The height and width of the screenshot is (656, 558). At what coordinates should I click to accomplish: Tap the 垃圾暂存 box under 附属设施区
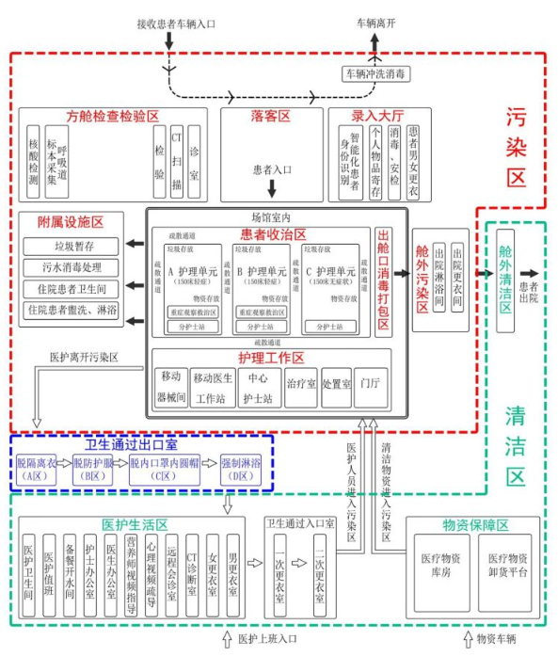[72, 246]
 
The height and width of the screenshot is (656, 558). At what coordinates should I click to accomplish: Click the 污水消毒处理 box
[72, 266]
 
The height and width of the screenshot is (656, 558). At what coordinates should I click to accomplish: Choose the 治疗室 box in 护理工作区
[300, 385]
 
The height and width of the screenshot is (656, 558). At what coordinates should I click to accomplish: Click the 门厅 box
[370, 385]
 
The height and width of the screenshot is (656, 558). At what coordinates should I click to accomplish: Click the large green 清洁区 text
[516, 442]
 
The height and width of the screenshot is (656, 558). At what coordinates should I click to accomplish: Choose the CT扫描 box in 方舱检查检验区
[176, 160]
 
